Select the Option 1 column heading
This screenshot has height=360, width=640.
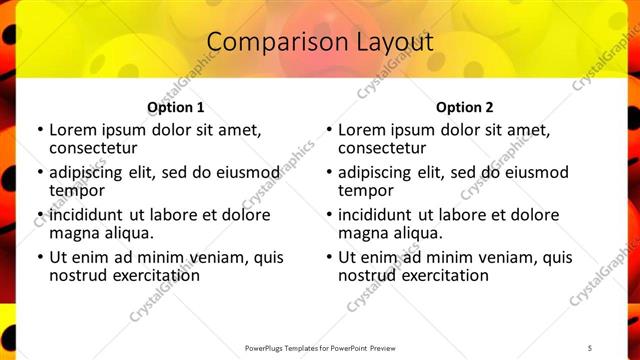175,107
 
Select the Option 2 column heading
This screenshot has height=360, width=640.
464,107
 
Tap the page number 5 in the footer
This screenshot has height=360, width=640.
589,348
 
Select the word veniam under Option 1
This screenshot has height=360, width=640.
205,258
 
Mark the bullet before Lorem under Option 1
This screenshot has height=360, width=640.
39,130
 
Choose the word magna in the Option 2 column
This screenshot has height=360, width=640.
362,233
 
